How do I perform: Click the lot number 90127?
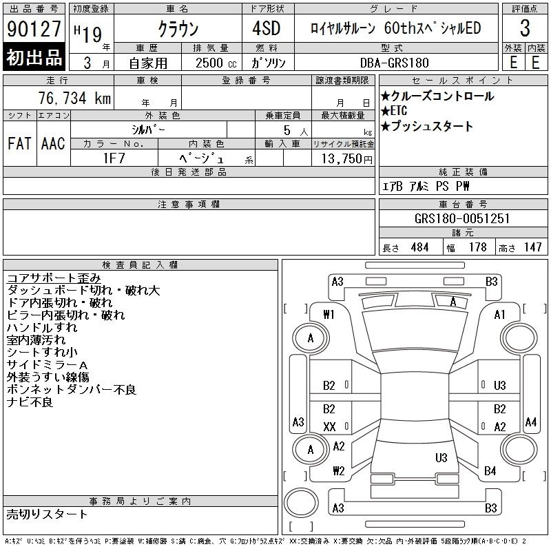34,29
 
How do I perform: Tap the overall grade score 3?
525,28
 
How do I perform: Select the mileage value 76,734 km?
74,98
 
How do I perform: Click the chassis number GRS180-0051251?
462,218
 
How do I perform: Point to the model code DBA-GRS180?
394,63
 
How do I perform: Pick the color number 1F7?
114,158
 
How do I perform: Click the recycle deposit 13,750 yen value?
346,159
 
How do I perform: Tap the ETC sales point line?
394,111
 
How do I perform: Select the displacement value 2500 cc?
216,63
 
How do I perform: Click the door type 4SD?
267,28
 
